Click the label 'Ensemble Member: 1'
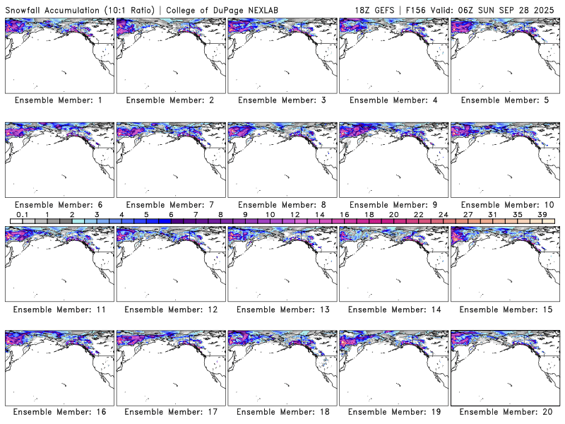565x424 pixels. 59,100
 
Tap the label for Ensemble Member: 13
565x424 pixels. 282,309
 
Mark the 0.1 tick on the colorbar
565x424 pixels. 22,214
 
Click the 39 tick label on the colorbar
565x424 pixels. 542,214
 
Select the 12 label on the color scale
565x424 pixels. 295,214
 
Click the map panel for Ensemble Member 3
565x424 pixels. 282,55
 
